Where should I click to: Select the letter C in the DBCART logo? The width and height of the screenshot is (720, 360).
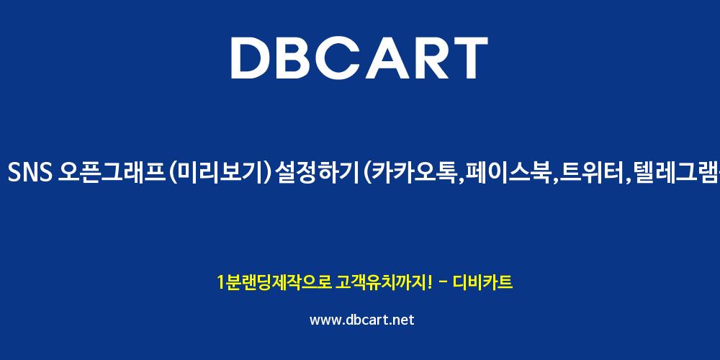click(x=350, y=58)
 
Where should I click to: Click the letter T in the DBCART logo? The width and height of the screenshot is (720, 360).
click(x=470, y=58)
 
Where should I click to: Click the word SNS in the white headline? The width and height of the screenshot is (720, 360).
click(x=30, y=174)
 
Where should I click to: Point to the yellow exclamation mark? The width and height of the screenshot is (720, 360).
click(x=429, y=282)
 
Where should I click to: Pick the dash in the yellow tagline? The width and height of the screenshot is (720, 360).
click(x=444, y=283)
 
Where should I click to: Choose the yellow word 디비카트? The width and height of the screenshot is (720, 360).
click(x=482, y=282)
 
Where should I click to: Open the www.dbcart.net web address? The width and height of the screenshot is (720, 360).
click(x=362, y=320)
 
